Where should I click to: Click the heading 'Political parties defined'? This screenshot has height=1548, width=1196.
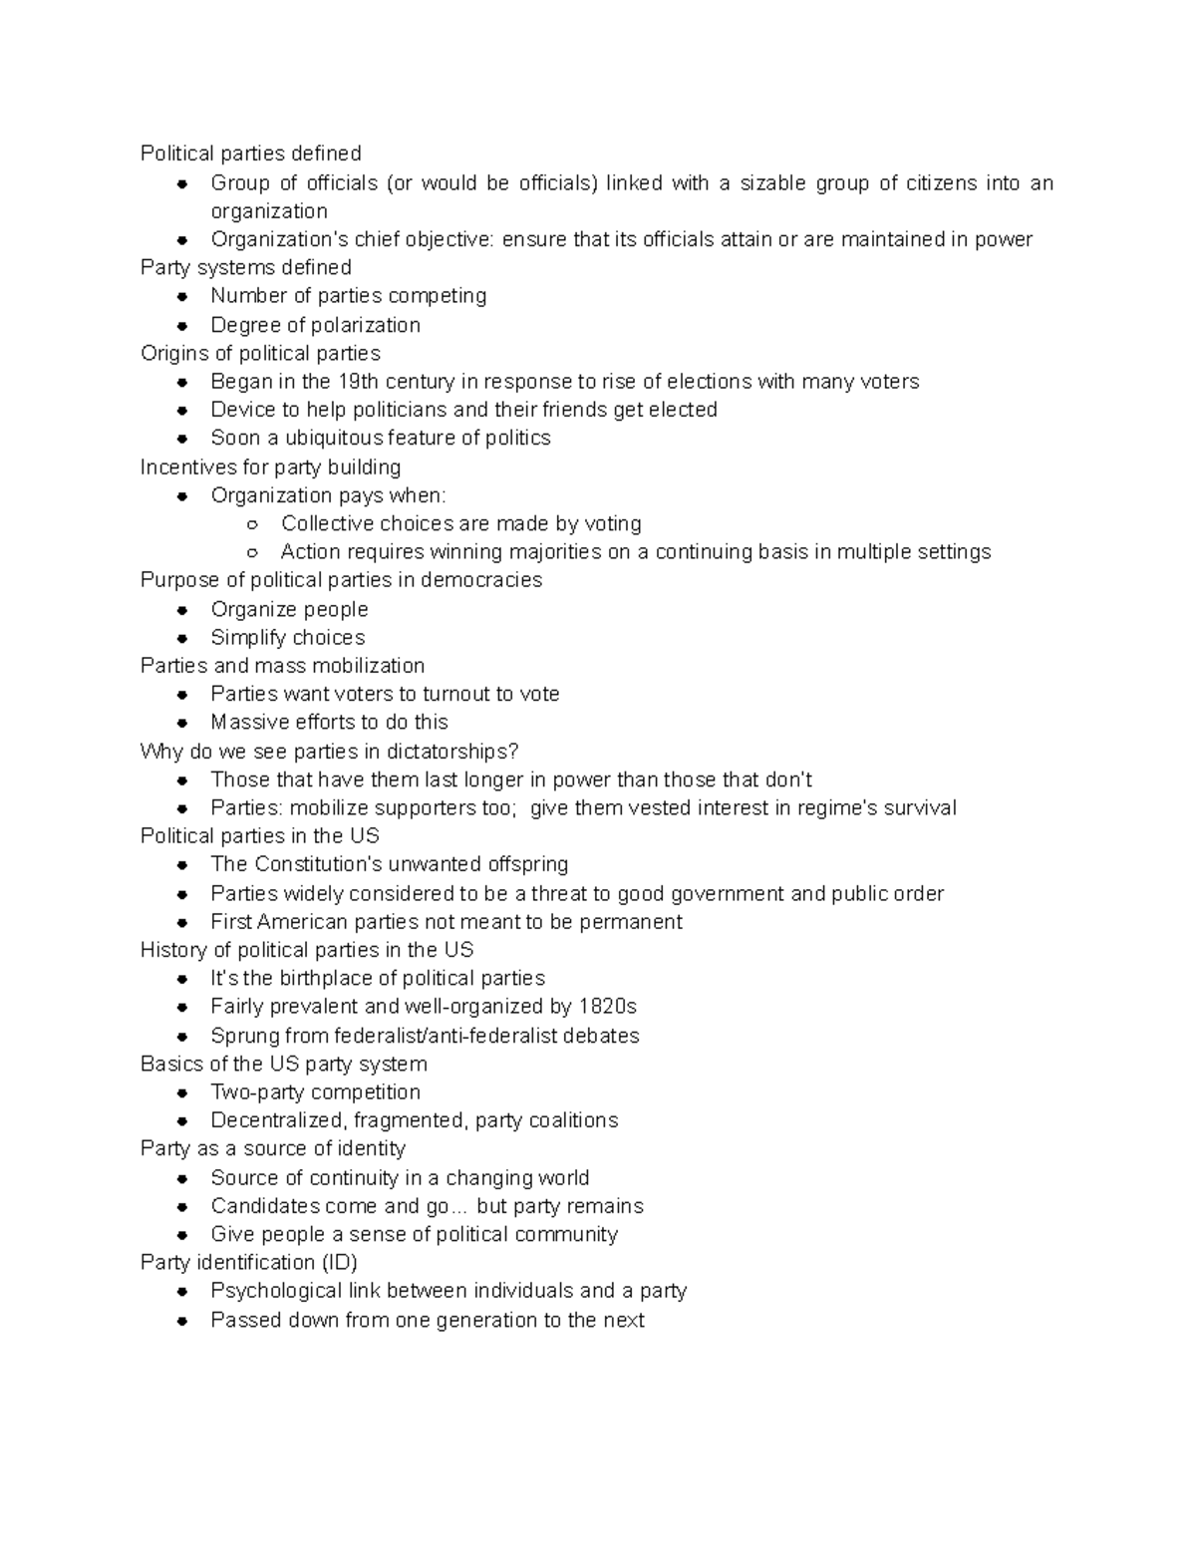click(x=250, y=154)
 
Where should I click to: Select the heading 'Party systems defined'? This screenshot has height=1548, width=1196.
click(x=245, y=267)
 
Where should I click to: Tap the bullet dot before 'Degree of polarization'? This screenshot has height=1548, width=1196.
click(x=182, y=325)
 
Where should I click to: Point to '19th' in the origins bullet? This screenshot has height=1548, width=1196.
click(x=359, y=382)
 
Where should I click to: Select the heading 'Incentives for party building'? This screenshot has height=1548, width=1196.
click(x=270, y=467)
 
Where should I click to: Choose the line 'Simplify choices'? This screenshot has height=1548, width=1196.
click(x=287, y=638)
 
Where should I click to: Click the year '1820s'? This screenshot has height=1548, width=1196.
click(x=607, y=1007)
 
